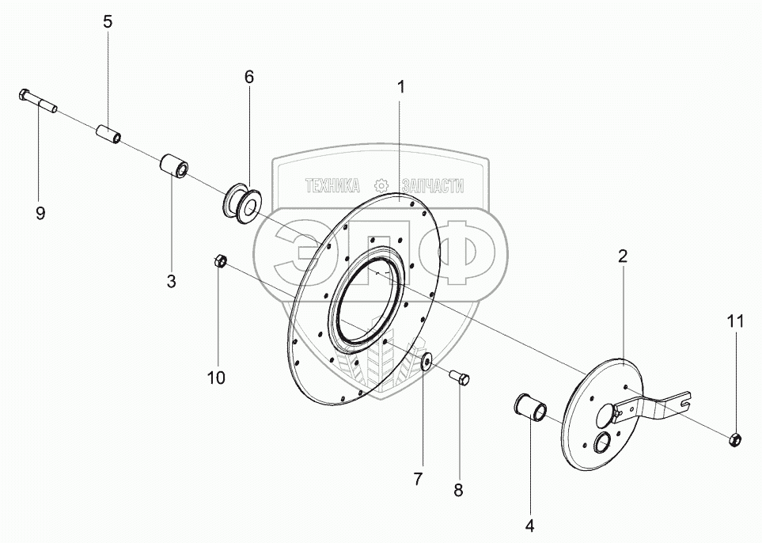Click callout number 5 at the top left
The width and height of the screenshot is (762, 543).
coord(108,22)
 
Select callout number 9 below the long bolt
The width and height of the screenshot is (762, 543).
coord(40,212)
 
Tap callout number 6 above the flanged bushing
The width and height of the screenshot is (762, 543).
coord(248,77)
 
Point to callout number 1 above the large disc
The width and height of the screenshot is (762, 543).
coord(400,88)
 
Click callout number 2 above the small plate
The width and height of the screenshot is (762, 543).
coord(623,256)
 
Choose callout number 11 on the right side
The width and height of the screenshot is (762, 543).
coord(735,321)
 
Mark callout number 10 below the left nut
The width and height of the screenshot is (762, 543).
coord(217,378)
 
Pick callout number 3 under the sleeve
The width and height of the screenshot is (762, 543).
coord(171,281)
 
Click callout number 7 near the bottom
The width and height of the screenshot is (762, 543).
coord(419,479)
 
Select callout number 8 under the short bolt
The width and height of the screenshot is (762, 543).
coord(458,491)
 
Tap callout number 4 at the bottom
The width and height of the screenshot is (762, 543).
coord(529,526)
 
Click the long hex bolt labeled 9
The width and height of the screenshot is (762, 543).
coord(39,101)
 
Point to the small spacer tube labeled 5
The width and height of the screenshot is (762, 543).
coord(109,134)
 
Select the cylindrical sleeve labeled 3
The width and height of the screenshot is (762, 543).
coord(174,166)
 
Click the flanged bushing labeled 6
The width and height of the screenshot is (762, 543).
coord(242,203)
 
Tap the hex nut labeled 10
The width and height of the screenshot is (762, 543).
coord(219,260)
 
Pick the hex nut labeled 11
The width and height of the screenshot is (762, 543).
coord(735,440)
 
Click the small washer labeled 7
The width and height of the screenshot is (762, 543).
coord(427,362)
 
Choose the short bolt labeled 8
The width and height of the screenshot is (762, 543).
coord(460,378)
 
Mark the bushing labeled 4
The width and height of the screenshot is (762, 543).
coord(531,407)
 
